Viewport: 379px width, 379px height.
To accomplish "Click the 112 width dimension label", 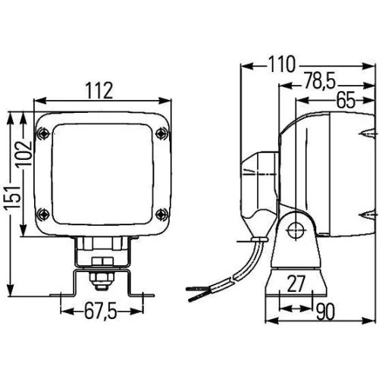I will click(x=99, y=91).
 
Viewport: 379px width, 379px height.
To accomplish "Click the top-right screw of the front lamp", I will click(x=159, y=133).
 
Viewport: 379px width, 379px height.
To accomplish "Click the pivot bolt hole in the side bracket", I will click(x=296, y=228).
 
